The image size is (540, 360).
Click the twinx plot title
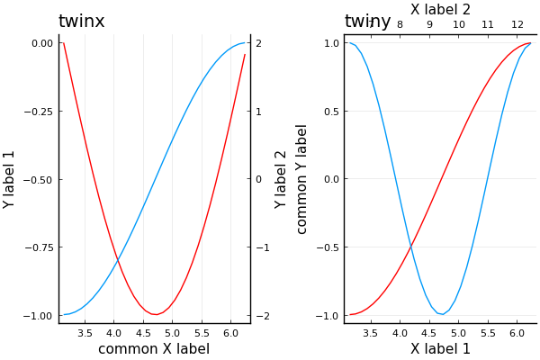pyautogui.click(x=81, y=22)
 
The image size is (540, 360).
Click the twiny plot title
pyautogui.click(x=367, y=22)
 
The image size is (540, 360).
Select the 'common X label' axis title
pyautogui.click(x=154, y=349)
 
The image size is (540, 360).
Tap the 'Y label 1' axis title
pyautogui.click(x=10, y=179)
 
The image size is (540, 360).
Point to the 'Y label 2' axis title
pyautogui.click(x=282, y=179)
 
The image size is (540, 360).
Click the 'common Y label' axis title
pyautogui.click(x=302, y=179)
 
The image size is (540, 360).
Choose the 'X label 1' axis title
pyautogui.click(x=440, y=349)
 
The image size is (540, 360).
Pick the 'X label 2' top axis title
pyautogui.click(x=440, y=9)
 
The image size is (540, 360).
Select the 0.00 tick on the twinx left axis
pyautogui.click(x=40, y=43)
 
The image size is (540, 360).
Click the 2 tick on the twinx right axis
pyautogui.click(x=258, y=43)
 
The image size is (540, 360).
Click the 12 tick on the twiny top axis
pyautogui.click(x=517, y=24)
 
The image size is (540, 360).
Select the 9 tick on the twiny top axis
pyautogui.click(x=429, y=24)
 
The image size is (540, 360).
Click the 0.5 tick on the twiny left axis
pyautogui.click(x=331, y=112)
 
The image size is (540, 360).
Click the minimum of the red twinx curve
pyautogui.click(x=156, y=314)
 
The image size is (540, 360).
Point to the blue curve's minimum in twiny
pyautogui.click(x=440, y=314)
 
